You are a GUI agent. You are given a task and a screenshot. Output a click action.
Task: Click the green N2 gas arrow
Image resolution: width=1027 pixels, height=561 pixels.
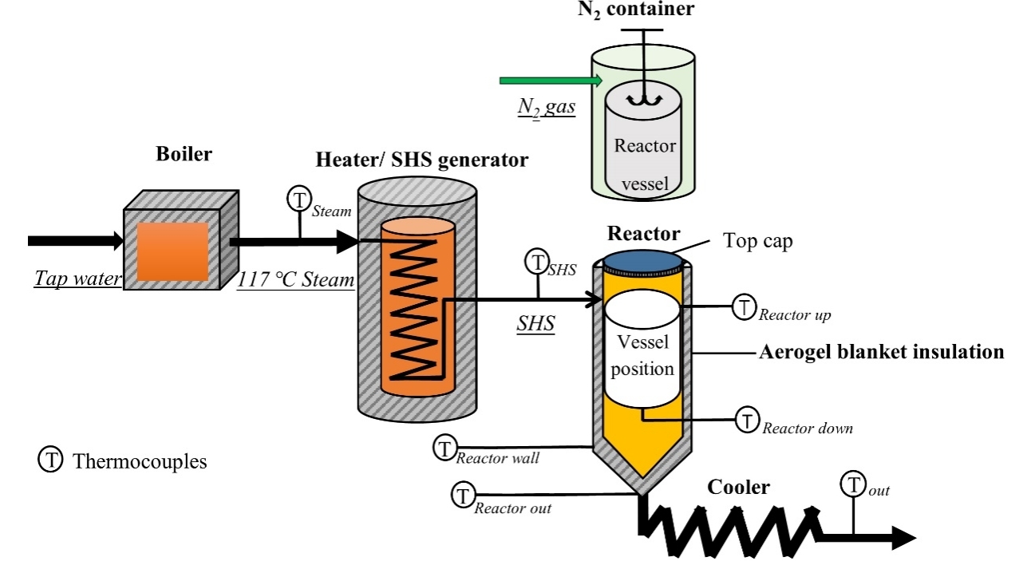click(x=551, y=81)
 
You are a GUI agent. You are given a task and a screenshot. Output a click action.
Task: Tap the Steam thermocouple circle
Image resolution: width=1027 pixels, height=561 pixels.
click(x=299, y=199)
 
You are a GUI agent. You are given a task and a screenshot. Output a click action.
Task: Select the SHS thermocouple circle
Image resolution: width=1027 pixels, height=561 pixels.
click(x=537, y=261)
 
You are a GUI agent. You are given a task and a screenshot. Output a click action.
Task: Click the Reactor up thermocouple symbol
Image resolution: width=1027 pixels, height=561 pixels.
click(x=744, y=306)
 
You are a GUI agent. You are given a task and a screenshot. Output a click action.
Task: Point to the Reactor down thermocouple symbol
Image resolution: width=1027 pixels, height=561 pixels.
click(x=748, y=420)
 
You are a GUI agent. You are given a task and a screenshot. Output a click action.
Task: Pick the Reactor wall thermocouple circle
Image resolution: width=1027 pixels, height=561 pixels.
click(x=444, y=448)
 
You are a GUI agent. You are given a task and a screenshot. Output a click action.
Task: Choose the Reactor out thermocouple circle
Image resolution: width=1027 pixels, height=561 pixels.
click(x=463, y=495)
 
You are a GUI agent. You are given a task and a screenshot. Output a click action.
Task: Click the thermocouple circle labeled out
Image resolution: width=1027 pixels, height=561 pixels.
click(x=853, y=484)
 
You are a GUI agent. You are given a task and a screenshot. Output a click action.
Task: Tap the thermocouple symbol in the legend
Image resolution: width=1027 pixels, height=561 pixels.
click(x=50, y=459)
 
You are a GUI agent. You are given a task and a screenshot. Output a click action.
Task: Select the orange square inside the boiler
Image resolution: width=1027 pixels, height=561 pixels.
click(x=172, y=251)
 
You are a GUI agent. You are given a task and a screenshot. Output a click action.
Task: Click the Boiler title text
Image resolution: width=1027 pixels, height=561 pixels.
click(x=184, y=154)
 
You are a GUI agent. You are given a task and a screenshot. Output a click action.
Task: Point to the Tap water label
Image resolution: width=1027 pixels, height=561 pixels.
click(x=78, y=279)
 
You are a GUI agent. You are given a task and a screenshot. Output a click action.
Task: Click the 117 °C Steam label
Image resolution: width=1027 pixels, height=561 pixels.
click(x=296, y=279)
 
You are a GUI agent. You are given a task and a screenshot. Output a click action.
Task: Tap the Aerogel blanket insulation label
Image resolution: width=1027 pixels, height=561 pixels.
click(x=881, y=352)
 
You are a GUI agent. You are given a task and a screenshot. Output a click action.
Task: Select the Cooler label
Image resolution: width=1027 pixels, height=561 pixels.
click(x=738, y=487)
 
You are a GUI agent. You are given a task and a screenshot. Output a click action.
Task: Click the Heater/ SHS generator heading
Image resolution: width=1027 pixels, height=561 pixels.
click(x=422, y=160)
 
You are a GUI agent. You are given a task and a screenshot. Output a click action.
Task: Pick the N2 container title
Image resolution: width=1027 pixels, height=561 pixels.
click(x=636, y=9)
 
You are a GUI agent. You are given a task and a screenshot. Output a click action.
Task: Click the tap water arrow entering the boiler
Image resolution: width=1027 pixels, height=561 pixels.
click(x=76, y=241)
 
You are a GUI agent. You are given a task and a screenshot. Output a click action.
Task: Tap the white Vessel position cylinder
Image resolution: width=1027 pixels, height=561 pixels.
click(x=642, y=349)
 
